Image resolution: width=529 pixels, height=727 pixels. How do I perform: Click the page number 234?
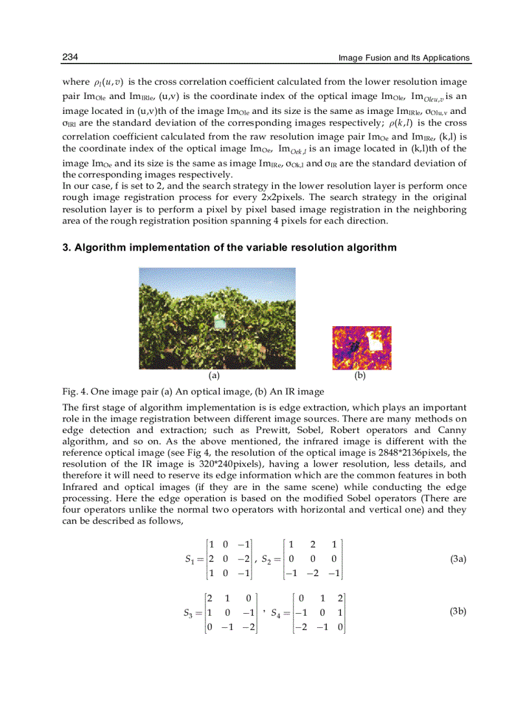pyautogui.click(x=70, y=58)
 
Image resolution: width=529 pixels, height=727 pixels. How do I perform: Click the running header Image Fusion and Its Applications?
pyautogui.click(x=404, y=58)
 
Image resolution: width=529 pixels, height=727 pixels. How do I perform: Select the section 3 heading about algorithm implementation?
pyautogui.click(x=229, y=248)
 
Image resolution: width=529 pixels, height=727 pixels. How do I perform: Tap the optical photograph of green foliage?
pyautogui.click(x=217, y=319)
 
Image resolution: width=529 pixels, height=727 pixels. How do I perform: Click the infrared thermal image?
pyautogui.click(x=361, y=348)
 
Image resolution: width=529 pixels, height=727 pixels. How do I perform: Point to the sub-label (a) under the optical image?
pyautogui.click(x=214, y=375)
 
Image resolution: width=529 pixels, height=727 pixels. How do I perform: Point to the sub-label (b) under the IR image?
pyautogui.click(x=360, y=375)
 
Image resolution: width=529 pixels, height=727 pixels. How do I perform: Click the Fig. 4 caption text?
pyautogui.click(x=193, y=392)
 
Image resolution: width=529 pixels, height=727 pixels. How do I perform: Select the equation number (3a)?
pyautogui.click(x=458, y=558)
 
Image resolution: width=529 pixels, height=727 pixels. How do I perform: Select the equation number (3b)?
pyautogui.click(x=458, y=611)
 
